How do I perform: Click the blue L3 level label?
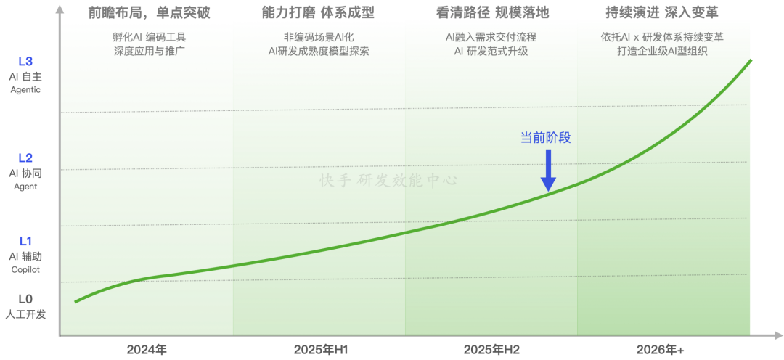tap(25, 62)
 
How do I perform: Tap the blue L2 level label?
tap(25, 158)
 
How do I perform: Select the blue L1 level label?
tap(25, 242)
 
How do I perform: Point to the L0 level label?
tap(25, 300)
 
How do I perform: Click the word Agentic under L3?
tap(25, 90)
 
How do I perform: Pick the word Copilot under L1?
tap(25, 270)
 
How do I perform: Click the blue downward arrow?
tap(549, 170)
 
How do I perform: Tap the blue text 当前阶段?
tap(545, 138)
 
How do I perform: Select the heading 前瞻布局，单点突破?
tap(149, 13)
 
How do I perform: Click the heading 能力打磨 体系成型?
tap(318, 13)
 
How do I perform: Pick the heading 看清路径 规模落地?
tap(492, 13)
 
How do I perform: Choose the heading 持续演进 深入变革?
tap(662, 13)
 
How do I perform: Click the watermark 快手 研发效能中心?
tap(388, 180)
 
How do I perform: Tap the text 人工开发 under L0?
tap(25, 315)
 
